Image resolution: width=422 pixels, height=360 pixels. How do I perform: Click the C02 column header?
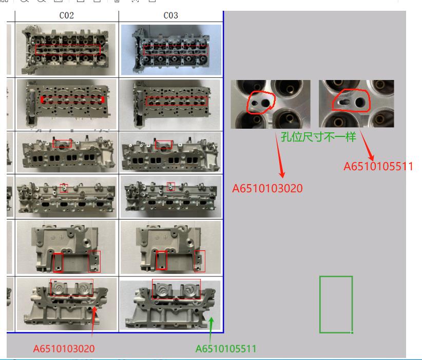click(x=66, y=15)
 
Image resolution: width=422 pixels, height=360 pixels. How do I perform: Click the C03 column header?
click(x=170, y=15)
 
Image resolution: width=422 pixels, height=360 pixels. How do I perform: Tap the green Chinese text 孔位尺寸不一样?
click(x=318, y=137)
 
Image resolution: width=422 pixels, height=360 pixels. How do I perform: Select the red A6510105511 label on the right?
click(x=378, y=166)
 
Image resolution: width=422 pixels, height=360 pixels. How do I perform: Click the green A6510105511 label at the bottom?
click(x=226, y=349)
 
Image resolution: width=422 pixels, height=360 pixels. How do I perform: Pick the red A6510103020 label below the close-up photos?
click(x=267, y=188)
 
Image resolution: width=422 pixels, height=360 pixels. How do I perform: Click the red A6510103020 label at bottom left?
click(x=64, y=349)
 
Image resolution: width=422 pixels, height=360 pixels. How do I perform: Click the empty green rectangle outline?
click(x=320, y=304)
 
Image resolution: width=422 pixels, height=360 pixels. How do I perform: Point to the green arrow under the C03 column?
click(x=211, y=329)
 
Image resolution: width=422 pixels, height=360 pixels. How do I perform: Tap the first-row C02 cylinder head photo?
click(x=66, y=49)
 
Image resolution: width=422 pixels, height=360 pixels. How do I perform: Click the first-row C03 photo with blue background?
click(x=171, y=50)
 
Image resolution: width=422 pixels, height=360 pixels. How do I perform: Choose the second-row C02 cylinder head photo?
click(x=66, y=104)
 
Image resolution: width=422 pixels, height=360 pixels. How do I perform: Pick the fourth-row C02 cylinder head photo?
click(x=66, y=197)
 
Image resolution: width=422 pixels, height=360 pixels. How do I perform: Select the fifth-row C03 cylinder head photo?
click(x=170, y=247)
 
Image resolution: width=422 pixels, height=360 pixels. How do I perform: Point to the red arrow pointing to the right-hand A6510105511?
click(x=367, y=146)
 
